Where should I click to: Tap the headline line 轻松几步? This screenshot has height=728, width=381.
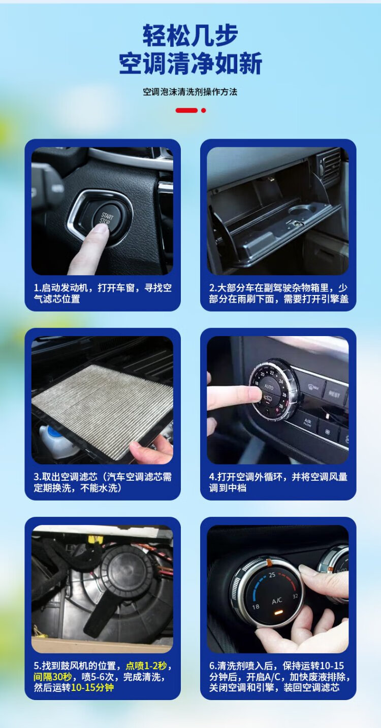pos(190,35)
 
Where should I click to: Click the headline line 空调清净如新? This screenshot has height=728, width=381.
pos(190,63)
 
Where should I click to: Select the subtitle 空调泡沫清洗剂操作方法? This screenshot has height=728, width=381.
pos(190,92)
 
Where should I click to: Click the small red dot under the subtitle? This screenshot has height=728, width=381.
pos(204,111)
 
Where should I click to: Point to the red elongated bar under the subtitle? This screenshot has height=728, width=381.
pos(186,111)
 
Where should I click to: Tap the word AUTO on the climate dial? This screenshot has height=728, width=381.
pos(269,387)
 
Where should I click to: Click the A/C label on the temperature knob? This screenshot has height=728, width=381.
pos(277,601)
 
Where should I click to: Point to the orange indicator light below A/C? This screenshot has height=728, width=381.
pos(278,613)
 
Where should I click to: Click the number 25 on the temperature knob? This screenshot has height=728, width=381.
pos(272,575)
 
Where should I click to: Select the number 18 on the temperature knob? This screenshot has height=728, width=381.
pos(256,607)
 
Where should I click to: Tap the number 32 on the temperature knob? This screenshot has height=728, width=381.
pos(295,597)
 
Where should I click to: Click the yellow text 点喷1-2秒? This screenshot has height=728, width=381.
pos(146,666)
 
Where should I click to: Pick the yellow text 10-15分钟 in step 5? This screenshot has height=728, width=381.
pos(92,688)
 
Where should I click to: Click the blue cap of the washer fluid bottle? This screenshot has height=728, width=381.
pos(52,432)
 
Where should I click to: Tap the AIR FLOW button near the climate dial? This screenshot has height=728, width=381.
pos(307,422)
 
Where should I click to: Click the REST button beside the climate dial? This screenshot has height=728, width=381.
pos(334,394)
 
